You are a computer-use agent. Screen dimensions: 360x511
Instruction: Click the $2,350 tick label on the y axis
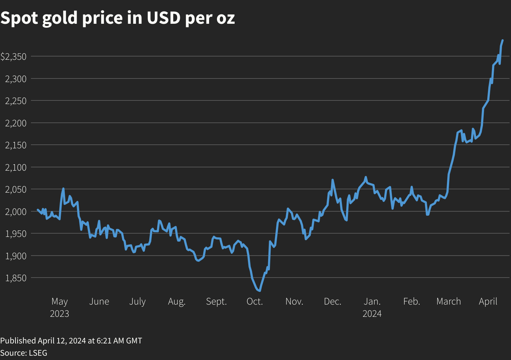[13, 57]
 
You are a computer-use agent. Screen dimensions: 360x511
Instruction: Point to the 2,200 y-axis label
[16, 123]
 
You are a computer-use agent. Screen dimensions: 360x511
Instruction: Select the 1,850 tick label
[16, 278]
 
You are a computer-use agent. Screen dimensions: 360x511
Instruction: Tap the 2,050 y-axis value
[16, 189]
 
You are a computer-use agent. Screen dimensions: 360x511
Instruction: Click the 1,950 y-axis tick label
[16, 234]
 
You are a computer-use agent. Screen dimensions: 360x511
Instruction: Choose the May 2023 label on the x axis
[59, 307]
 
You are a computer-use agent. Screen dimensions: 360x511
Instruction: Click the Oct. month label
[255, 301]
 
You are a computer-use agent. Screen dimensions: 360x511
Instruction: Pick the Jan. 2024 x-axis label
[372, 307]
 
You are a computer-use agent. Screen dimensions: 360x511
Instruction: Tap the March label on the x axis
[448, 301]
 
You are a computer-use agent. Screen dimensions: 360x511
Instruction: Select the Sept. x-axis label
[216, 301]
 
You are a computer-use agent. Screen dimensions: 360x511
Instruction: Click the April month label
[488, 301]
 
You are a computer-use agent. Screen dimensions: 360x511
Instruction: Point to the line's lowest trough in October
[259, 291]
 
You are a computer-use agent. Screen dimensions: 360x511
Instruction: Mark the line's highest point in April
[502, 40]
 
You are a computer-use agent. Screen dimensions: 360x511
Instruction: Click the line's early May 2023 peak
[63, 188]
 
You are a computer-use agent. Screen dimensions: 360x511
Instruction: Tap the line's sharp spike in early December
[333, 180]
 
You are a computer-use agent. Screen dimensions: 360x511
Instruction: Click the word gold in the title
[60, 18]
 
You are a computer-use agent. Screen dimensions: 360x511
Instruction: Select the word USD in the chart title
[163, 18]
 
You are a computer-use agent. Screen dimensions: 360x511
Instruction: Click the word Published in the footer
[18, 341]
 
